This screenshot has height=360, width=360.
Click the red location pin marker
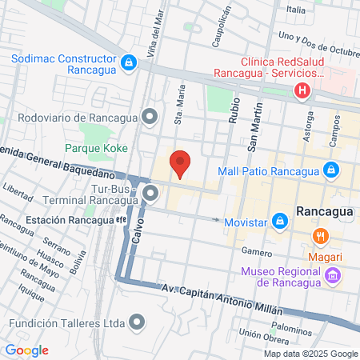(181, 163)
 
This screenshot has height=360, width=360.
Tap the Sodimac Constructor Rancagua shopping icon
(128, 62)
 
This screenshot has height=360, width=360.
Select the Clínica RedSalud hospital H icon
(302, 90)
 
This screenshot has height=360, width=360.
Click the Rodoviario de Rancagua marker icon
(150, 118)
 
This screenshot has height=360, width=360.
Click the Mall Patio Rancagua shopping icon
(330, 170)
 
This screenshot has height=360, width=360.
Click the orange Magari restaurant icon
(322, 237)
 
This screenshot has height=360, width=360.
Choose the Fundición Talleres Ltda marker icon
(138, 322)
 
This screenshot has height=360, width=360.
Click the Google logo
(26, 350)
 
